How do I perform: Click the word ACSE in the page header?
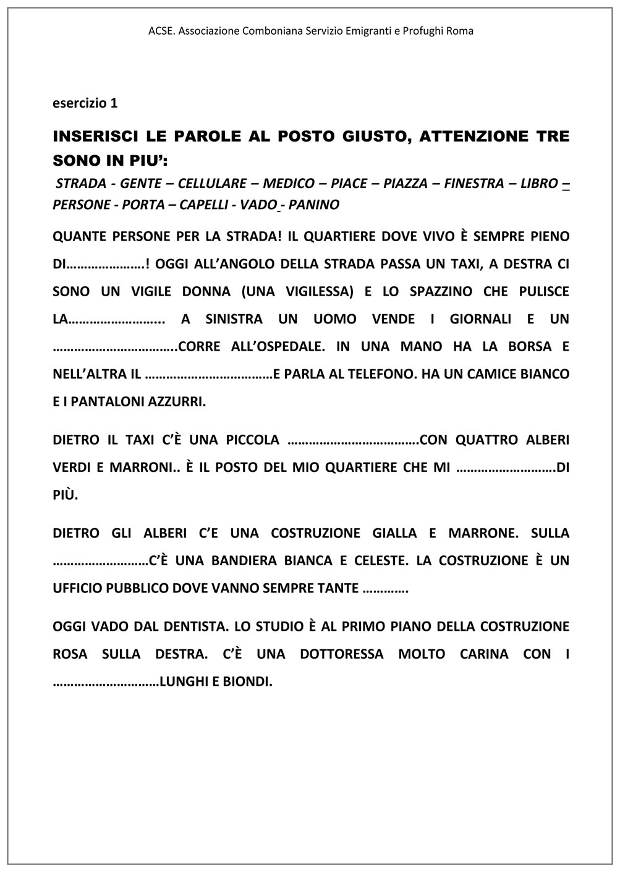pos(161,30)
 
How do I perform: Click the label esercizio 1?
pos(85,103)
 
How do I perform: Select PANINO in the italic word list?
pos(313,205)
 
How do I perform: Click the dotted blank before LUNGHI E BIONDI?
pos(106,682)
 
